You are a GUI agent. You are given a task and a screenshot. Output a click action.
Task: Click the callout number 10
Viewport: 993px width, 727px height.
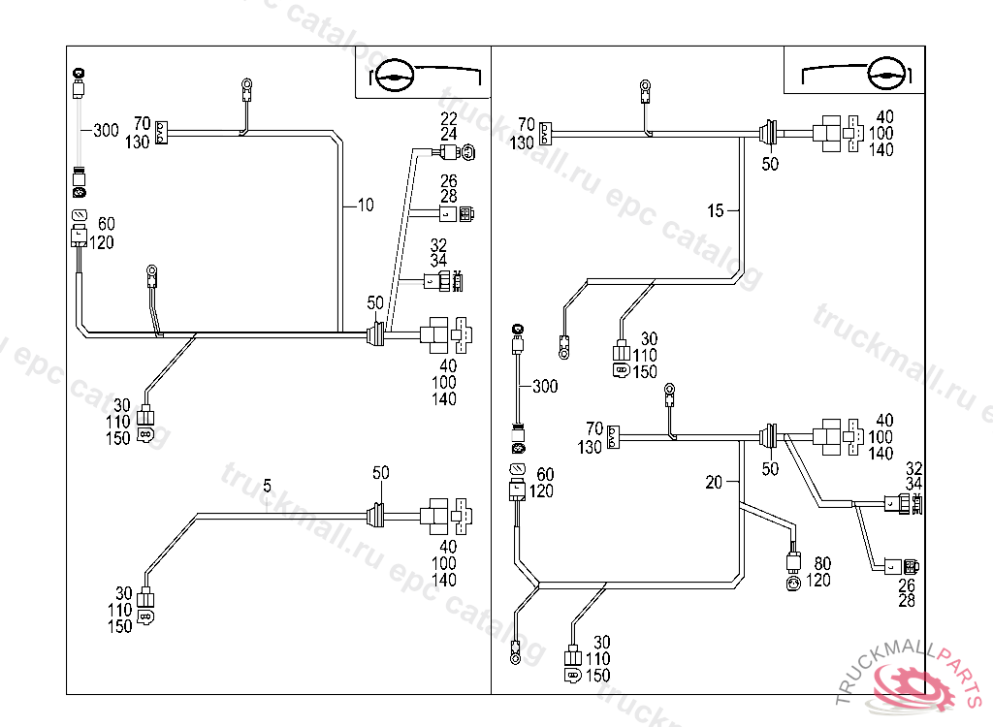coord(366,205)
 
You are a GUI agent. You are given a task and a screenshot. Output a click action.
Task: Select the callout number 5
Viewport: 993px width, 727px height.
coord(268,484)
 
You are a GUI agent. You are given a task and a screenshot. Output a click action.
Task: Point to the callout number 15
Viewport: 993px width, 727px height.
coord(716,210)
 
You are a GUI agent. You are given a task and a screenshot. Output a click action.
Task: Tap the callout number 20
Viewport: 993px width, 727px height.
coord(715,482)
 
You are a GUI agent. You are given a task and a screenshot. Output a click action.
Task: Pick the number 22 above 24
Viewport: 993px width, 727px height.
coord(448,118)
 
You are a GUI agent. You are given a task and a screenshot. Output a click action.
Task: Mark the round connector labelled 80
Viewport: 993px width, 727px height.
coord(794,582)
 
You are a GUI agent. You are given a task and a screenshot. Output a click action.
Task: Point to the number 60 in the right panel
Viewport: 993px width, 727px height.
coord(546,474)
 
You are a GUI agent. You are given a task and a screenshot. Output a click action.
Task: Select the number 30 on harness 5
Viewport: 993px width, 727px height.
coord(123,593)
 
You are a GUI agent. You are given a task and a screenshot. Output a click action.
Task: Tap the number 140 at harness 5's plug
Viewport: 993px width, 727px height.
coord(444,581)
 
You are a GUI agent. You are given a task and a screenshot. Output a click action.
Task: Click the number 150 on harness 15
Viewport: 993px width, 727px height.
coord(645,371)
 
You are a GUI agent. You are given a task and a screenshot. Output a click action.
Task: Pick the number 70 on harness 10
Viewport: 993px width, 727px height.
coord(143,124)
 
